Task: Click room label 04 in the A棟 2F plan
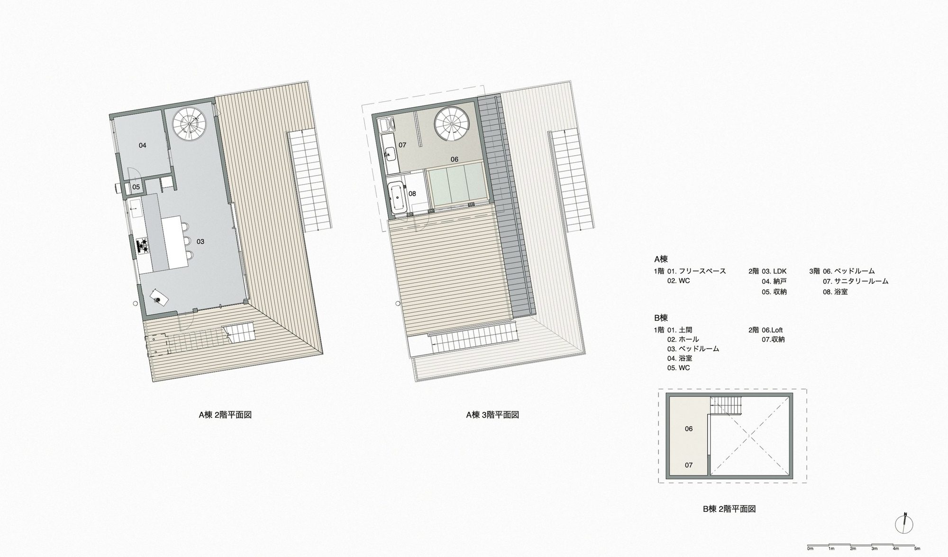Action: point(143,146)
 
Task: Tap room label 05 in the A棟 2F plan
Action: point(136,187)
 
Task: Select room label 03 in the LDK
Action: point(201,241)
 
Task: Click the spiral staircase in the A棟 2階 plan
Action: point(190,123)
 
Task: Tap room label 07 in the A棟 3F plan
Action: point(402,145)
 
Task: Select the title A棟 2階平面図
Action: point(225,415)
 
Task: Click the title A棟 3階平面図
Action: point(492,415)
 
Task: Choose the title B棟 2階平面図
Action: point(729,509)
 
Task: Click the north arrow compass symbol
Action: point(904,524)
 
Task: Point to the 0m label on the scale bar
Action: point(811,548)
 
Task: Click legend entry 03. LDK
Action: point(775,271)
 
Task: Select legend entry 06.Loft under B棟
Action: point(772,330)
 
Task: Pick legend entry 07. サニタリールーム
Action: point(856,281)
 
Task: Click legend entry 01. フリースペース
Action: point(697,271)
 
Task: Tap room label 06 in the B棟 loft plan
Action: point(689,429)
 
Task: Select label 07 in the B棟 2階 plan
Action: point(689,465)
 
